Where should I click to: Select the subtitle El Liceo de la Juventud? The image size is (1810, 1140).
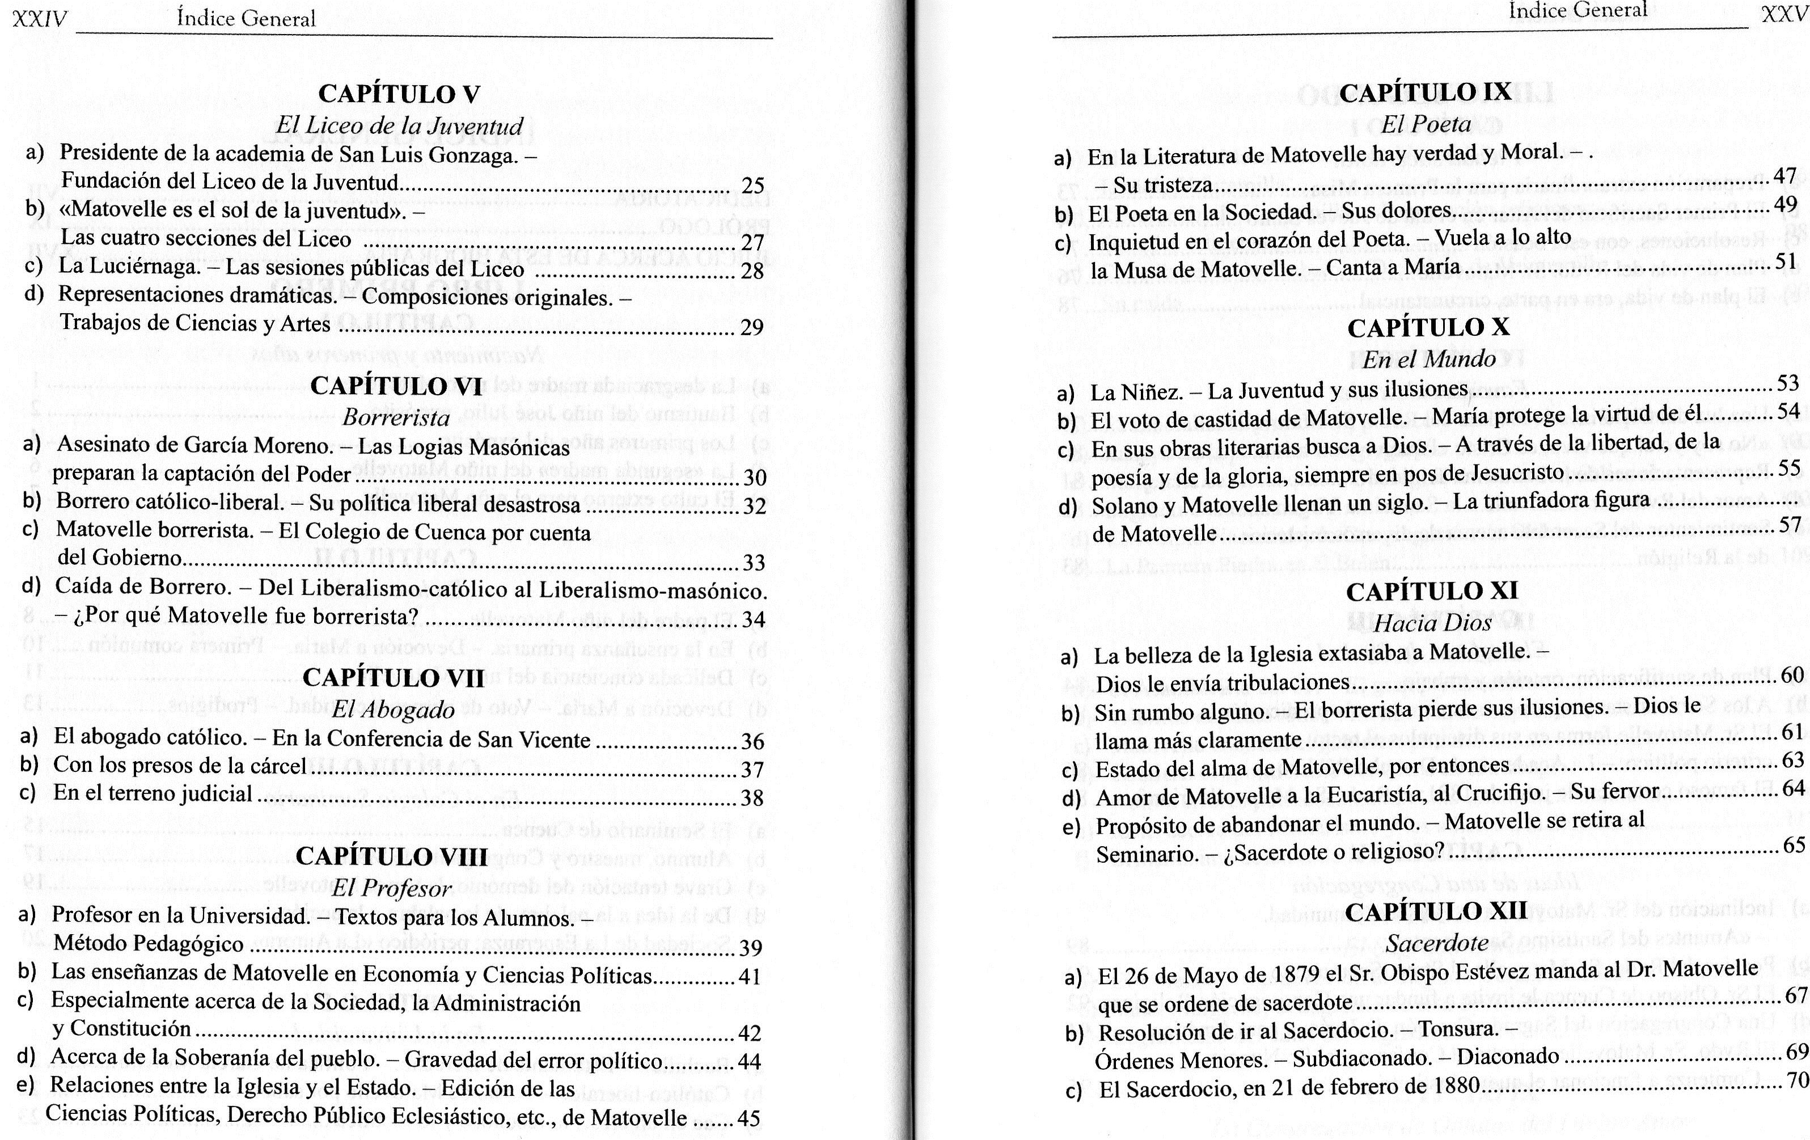[x=399, y=125]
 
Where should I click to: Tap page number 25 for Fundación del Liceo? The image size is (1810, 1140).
[x=752, y=185]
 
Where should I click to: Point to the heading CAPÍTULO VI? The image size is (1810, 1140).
[x=396, y=386]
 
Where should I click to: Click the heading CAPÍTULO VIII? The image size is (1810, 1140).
[x=392, y=856]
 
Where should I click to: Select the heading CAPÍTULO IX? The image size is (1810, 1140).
[x=1424, y=92]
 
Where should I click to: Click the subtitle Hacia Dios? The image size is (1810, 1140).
[x=1432, y=623]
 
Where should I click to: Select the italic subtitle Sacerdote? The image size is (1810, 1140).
[x=1436, y=943]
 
